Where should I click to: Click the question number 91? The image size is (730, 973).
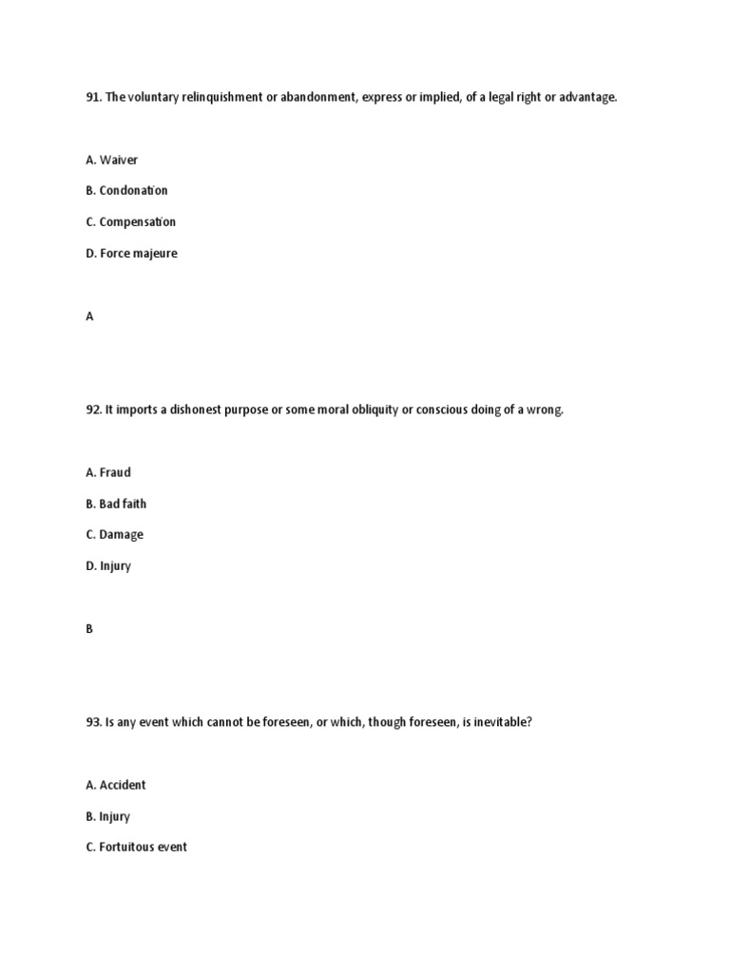click(x=93, y=98)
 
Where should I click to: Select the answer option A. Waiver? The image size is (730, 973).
click(x=112, y=160)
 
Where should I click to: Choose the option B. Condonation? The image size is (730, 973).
click(x=126, y=191)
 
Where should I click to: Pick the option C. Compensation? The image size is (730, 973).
click(x=130, y=222)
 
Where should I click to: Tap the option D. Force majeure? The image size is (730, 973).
click(x=131, y=254)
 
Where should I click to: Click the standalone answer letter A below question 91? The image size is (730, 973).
click(x=90, y=317)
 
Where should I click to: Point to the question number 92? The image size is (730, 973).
click(x=93, y=410)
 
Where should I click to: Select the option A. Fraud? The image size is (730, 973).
click(x=108, y=472)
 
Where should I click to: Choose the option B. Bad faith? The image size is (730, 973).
click(x=116, y=504)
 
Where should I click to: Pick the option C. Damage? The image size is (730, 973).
click(x=114, y=535)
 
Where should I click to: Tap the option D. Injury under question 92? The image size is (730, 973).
click(x=108, y=566)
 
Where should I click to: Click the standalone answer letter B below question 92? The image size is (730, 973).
click(x=89, y=629)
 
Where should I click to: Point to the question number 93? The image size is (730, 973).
click(x=93, y=722)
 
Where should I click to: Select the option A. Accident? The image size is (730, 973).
click(x=116, y=785)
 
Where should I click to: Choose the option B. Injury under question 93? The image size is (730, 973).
click(x=107, y=816)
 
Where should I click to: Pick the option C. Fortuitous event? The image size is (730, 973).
click(x=136, y=847)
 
